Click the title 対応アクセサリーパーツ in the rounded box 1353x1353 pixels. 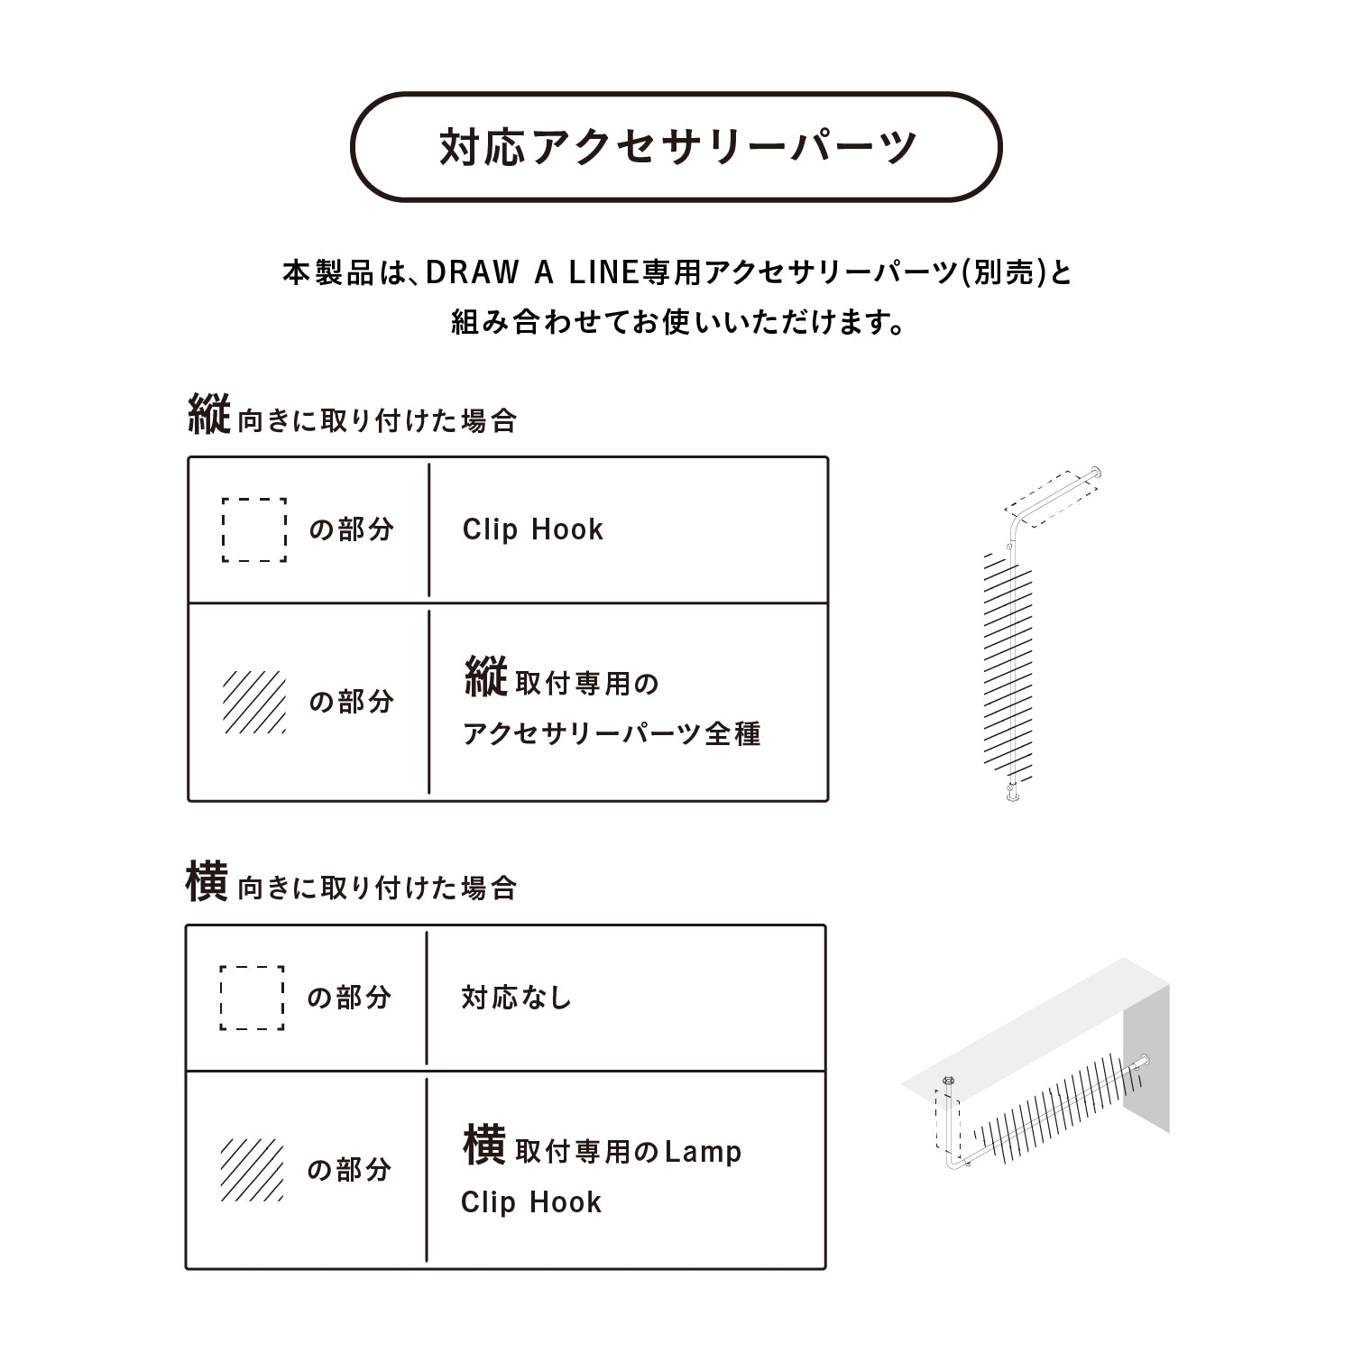[x=677, y=147]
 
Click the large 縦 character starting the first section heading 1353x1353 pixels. [x=209, y=415]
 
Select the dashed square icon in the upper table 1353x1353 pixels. [x=254, y=529]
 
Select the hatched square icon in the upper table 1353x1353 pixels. [x=254, y=702]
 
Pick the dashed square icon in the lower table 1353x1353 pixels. [x=252, y=998]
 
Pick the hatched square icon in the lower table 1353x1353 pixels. [x=252, y=1170]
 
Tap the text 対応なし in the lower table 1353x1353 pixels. [x=517, y=998]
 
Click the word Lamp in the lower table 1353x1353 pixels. [x=703, y=1152]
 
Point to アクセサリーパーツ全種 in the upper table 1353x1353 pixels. [x=612, y=733]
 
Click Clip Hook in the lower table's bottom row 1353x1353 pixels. [x=531, y=1202]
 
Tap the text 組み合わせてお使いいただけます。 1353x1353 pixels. [x=678, y=322]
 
